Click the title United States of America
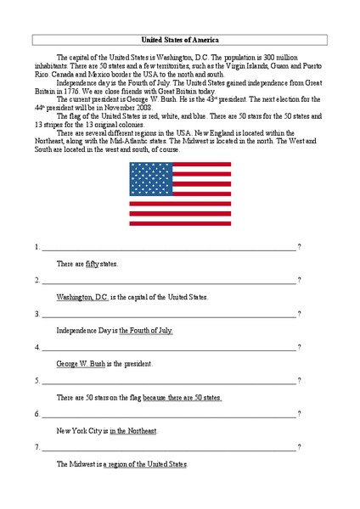179,39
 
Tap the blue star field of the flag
149,178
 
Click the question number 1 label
37,248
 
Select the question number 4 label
37,348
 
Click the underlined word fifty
93,265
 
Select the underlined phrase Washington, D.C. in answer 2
82,298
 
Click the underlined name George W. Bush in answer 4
80,364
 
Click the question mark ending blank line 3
299,314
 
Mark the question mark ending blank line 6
299,415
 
